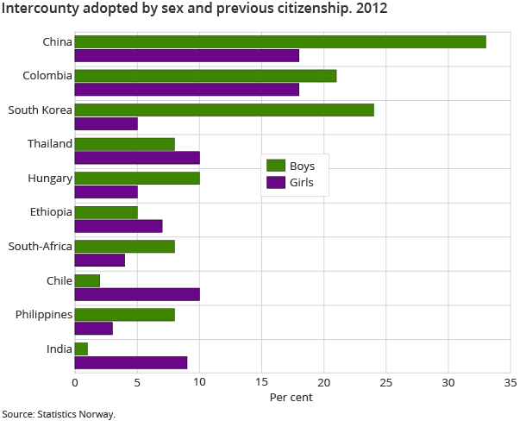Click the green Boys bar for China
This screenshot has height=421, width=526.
tap(280, 41)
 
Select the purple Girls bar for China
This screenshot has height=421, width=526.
tap(187, 55)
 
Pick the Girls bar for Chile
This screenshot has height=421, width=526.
tap(137, 294)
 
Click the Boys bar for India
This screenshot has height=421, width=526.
tap(81, 349)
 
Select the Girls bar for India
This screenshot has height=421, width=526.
tap(131, 362)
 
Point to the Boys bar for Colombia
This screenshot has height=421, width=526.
tap(205, 76)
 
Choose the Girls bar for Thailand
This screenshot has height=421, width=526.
tap(137, 157)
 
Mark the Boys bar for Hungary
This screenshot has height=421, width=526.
tap(137, 178)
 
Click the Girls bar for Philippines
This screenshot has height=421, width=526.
tap(94, 328)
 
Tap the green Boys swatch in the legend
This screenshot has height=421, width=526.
tap(276, 166)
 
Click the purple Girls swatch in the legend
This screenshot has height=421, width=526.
tap(276, 183)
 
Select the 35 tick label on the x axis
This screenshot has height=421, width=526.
tap(510, 382)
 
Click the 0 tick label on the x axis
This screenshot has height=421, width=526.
tap(75, 382)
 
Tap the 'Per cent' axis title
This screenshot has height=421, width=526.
tap(291, 398)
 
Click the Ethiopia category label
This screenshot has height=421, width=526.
tap(49, 212)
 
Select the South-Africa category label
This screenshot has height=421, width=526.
tap(40, 246)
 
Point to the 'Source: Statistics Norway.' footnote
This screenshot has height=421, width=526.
tap(59, 414)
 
